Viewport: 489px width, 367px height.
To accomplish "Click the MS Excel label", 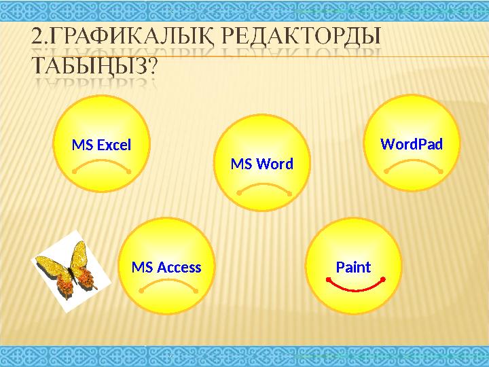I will tap(101, 145).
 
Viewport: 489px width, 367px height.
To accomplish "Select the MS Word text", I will tap(262, 164).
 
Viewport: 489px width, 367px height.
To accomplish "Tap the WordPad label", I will tap(412, 145).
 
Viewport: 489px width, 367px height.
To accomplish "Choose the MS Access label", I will tap(166, 267).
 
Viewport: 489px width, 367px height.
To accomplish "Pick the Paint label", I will tap(353, 267).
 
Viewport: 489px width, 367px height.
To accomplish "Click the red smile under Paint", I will tap(356, 288).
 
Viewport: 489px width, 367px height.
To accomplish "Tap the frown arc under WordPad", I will tap(413, 163).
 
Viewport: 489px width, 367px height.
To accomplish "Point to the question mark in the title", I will tap(153, 67).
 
